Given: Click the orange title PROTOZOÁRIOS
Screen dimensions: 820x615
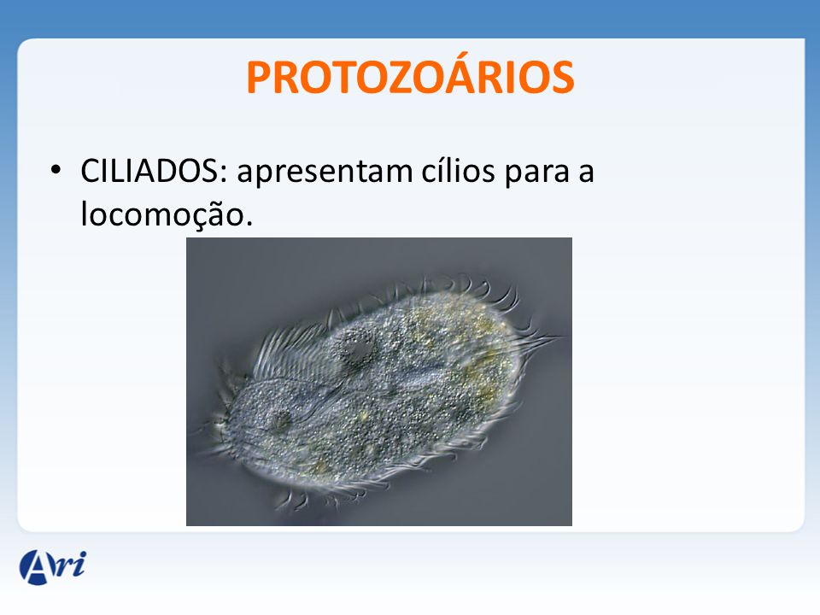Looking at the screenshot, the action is click(410, 76).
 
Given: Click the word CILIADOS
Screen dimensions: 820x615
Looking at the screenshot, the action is click(149, 171).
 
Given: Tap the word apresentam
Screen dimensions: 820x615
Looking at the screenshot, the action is click(325, 173).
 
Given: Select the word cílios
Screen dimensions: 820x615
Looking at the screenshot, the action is click(458, 171).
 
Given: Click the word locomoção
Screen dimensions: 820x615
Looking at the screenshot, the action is click(162, 215).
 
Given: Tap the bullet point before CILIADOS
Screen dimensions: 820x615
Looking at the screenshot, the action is click(56, 170).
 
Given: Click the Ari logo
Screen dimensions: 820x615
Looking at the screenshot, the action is click(53, 567).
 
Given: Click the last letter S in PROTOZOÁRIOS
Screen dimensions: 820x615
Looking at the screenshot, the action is click(561, 78).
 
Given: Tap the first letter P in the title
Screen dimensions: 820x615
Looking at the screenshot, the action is click(258, 78).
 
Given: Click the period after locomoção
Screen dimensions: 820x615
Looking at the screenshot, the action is click(249, 223).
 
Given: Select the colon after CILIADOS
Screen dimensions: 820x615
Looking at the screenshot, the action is click(224, 173).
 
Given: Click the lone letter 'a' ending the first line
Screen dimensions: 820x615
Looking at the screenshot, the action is click(586, 174).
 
